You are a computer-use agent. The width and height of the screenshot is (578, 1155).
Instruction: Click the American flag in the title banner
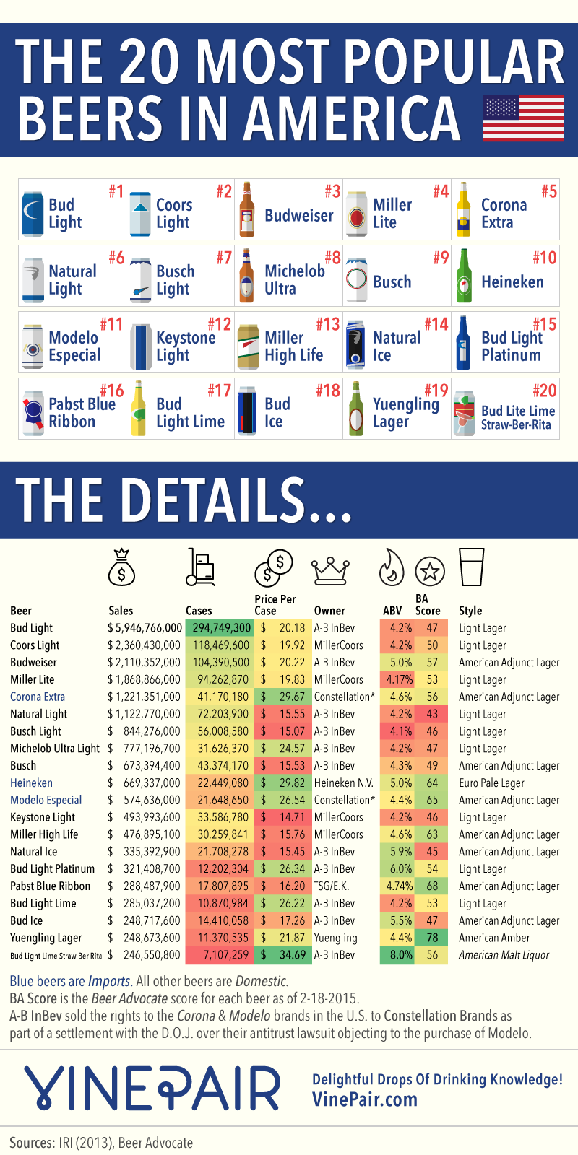coord(522,119)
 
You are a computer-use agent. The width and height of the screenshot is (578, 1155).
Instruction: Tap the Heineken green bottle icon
coord(463,276)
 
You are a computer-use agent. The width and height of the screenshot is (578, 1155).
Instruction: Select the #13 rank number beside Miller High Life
coord(327,324)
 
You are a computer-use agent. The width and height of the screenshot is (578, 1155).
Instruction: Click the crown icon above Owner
coord(330,570)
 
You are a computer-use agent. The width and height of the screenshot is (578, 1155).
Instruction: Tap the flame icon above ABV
coord(392,567)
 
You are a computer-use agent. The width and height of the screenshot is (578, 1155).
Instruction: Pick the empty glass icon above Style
coord(471,567)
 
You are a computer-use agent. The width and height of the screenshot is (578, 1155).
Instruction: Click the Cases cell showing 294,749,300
coord(221,628)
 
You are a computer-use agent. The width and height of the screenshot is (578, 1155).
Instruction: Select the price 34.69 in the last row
coord(292,955)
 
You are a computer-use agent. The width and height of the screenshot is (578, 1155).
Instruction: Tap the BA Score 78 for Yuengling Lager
coord(432,938)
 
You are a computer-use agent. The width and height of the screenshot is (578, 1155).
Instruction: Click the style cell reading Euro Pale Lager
coord(491,783)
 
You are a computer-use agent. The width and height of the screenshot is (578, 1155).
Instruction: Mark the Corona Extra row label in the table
coord(38,697)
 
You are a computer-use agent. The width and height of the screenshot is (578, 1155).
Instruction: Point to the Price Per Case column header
coord(275,604)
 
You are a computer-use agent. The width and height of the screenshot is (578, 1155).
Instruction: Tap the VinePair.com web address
coord(365,1099)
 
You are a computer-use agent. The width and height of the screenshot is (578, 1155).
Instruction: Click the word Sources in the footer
coord(31,1143)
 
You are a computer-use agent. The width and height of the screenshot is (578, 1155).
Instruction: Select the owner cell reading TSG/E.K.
coord(332,886)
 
